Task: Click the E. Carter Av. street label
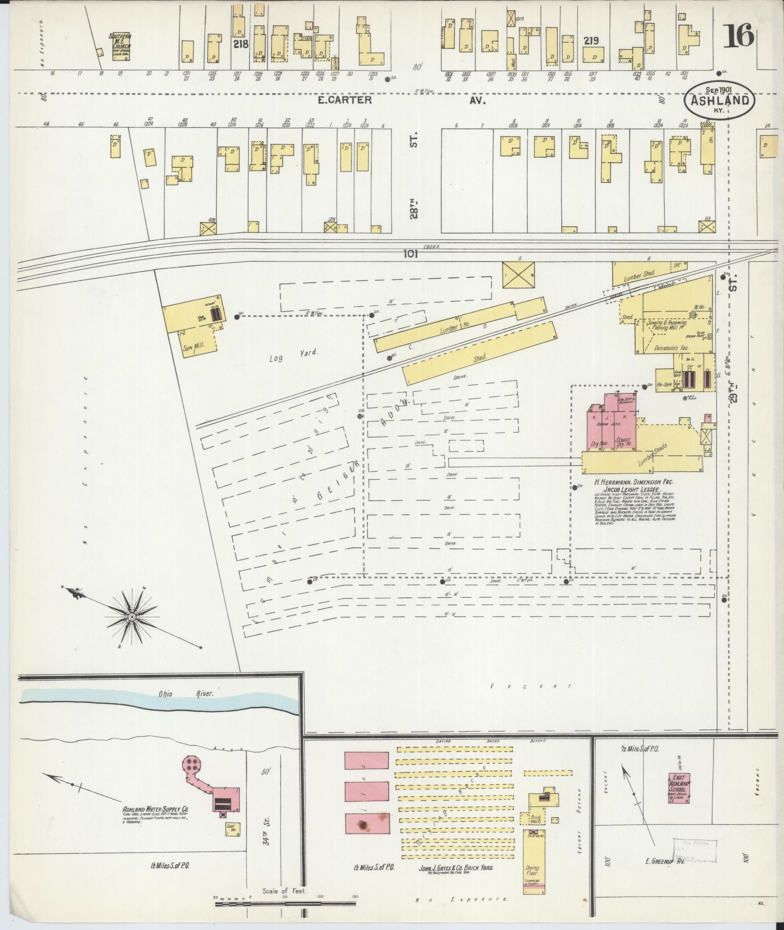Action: tap(345, 100)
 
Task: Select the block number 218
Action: tap(241, 44)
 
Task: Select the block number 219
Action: tap(591, 41)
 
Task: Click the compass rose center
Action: tap(131, 617)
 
